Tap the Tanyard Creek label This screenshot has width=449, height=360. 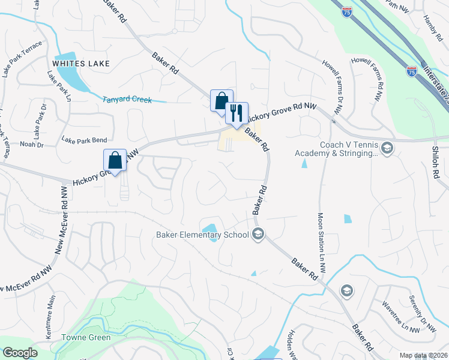click(127, 100)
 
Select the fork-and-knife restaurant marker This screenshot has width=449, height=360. click(237, 112)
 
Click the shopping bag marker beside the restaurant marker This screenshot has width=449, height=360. click(221, 100)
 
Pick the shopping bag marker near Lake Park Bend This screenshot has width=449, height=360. click(115, 160)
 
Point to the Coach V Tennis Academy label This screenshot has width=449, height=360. click(336, 149)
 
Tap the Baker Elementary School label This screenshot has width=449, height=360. click(202, 235)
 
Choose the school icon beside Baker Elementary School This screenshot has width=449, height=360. click(258, 235)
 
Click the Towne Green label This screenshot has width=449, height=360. click(86, 338)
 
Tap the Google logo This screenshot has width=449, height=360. click(20, 353)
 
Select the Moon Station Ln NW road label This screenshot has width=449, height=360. click(321, 243)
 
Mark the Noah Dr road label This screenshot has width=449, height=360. click(32, 145)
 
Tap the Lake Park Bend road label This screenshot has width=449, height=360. click(83, 140)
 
